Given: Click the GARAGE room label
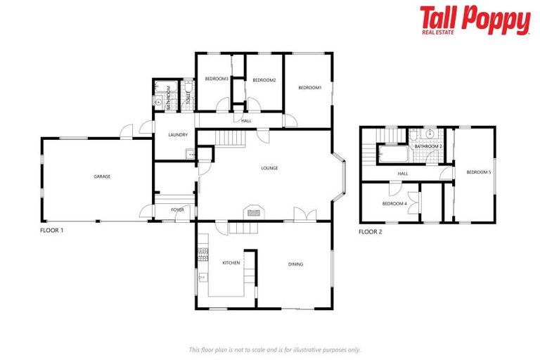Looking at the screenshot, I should coord(102,176).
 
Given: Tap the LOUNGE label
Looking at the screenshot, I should coord(269,168).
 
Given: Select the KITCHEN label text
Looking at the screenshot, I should coord(231,263).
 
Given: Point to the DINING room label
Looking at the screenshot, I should coord(295,264).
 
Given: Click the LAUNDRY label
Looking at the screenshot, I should coord(176,135).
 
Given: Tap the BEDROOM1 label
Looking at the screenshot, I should coord(309,87).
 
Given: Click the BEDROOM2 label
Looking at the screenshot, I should coord(264,80).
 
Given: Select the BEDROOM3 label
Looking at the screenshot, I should coord(217,79).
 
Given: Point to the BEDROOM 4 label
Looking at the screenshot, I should coord(394,204).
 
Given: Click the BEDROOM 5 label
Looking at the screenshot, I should coord(479,172).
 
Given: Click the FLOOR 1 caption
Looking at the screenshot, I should coord(52,230).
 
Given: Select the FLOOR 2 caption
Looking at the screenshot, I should coord(371,231).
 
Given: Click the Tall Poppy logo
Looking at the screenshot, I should coord(475,20).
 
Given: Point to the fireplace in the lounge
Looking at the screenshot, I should coord(254,212).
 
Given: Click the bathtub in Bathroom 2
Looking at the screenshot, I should coord(393,153).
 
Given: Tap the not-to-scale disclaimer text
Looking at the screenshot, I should coord(274,349).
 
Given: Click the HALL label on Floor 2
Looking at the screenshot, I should coord(403,174).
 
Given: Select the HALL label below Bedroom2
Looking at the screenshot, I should coord(246,121).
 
